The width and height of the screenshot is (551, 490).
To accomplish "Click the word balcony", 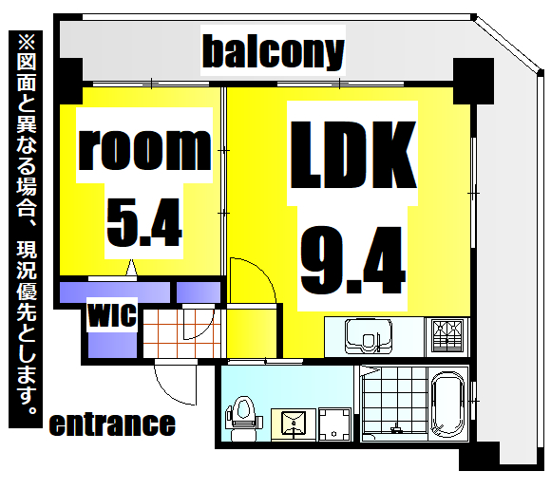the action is click(x=273, y=52).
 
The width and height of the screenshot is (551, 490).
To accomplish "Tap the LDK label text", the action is click(x=352, y=155).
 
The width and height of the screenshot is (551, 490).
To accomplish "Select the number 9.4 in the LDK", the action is click(x=352, y=260).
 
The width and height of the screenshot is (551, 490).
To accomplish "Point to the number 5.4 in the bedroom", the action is click(x=144, y=222).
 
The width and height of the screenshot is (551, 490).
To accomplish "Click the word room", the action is click(x=144, y=149).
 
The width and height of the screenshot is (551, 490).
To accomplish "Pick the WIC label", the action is click(x=112, y=314).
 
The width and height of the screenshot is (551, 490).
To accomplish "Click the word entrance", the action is click(x=112, y=424).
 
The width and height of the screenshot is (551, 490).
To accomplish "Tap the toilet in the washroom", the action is click(x=244, y=418).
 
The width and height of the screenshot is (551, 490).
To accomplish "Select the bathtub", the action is click(x=447, y=404).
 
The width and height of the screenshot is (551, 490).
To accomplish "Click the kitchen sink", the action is click(x=369, y=336).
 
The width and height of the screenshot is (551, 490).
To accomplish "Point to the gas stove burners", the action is click(x=447, y=336).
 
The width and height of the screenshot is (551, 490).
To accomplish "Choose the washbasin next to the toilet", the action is click(x=294, y=424).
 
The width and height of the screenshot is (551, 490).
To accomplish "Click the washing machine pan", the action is click(x=334, y=424).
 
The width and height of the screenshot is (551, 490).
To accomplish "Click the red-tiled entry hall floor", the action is click(x=181, y=333).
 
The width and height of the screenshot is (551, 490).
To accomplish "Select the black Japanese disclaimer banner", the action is click(x=26, y=229).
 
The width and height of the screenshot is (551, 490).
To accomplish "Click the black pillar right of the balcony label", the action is click(x=473, y=81).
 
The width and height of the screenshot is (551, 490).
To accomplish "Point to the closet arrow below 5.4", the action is click(x=131, y=268).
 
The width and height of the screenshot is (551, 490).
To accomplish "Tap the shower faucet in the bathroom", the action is click(x=396, y=428).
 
